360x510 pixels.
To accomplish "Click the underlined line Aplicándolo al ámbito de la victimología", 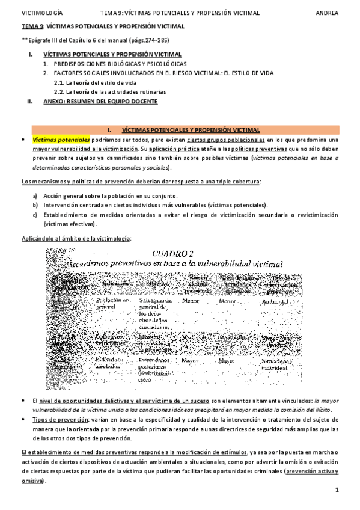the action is pos(75,239).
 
